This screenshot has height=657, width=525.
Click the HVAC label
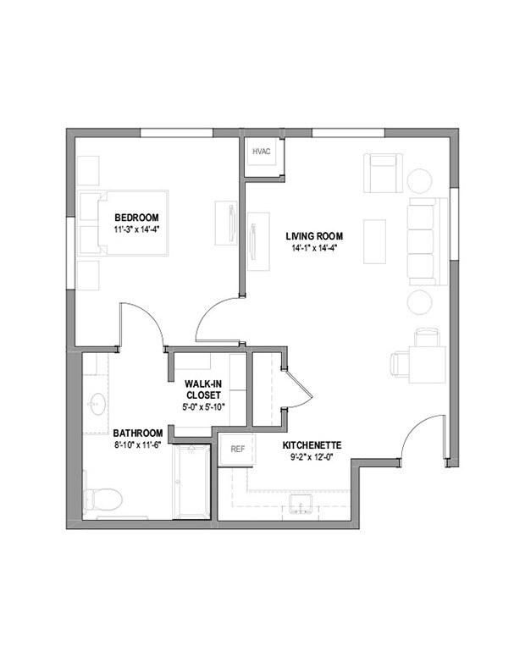pos(260,153)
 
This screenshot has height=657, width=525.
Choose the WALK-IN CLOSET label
pos(202,389)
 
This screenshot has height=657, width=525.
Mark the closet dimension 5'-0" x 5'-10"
pos(202,407)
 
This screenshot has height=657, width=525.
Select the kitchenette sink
pos(301,506)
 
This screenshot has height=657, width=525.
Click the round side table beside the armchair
pos(421,180)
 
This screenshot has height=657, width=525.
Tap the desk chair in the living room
pos(400,363)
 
